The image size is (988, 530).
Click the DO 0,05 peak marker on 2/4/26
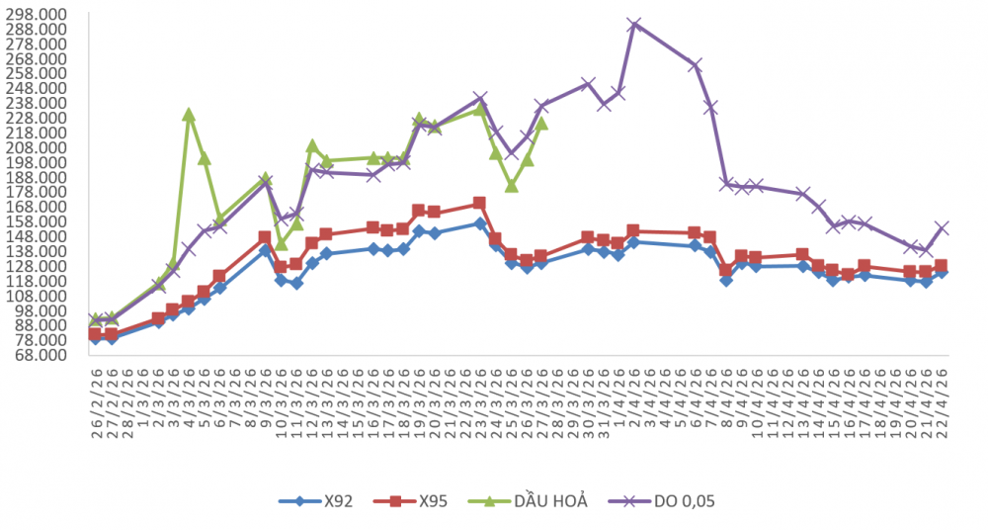pyautogui.click(x=634, y=25)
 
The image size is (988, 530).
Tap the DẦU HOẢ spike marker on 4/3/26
pyautogui.click(x=189, y=115)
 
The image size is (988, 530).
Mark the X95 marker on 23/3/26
pyautogui.click(x=479, y=204)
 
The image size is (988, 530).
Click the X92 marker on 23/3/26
pyautogui.click(x=480, y=223)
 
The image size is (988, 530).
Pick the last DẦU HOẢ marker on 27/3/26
pyautogui.click(x=541, y=124)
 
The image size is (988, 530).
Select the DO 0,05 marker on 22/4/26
pyautogui.click(x=942, y=227)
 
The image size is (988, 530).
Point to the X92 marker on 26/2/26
pyautogui.click(x=95, y=339)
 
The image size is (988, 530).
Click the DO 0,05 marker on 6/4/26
pyautogui.click(x=696, y=65)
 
